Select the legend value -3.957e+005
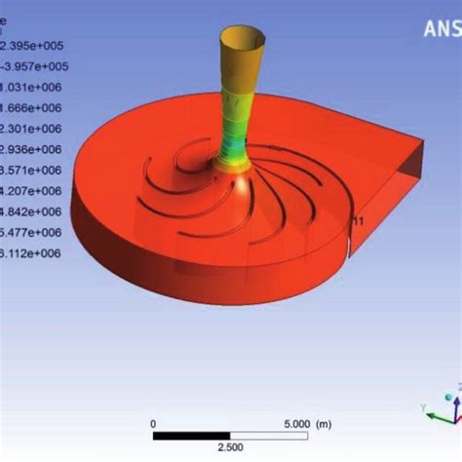pyautogui.click(x=31, y=66)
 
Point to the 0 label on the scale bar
pyautogui.click(x=154, y=423)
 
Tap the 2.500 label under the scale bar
pyautogui.click(x=230, y=446)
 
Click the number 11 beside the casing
pyautogui.click(x=358, y=222)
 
